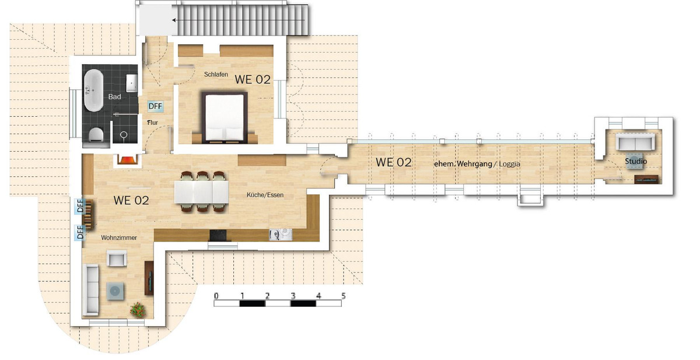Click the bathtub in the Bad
pos(93,90)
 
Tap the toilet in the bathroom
pos(96,135)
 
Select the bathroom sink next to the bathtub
pos(132,83)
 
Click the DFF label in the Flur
pos(155,106)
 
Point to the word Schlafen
pos(216,74)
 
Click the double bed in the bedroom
pos(225,117)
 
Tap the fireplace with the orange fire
pos(127,160)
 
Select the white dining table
pos(202,192)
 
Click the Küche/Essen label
pos(265,195)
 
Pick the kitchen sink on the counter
pos(281,235)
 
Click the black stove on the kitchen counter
pos(218,235)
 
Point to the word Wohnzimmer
pos(119,238)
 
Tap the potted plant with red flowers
pos(138,310)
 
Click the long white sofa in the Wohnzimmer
pos(90,289)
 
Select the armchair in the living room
pos(117,258)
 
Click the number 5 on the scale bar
pos(344,296)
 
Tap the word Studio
pos(636,161)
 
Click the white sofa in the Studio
pos(635,142)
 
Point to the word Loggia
pos(509,164)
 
